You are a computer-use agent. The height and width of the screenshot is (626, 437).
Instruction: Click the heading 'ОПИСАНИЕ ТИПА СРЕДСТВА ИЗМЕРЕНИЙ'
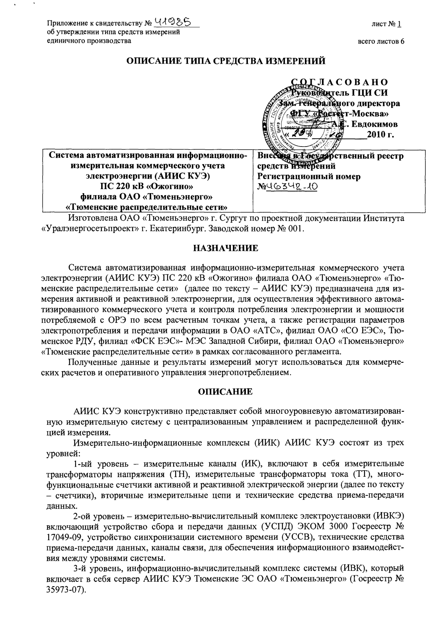click(x=225, y=61)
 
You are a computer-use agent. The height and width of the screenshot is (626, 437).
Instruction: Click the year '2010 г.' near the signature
click(x=380, y=135)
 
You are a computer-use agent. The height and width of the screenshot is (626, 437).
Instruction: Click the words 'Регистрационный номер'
click(x=309, y=176)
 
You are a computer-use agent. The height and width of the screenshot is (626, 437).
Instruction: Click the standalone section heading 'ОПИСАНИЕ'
click(x=225, y=392)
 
